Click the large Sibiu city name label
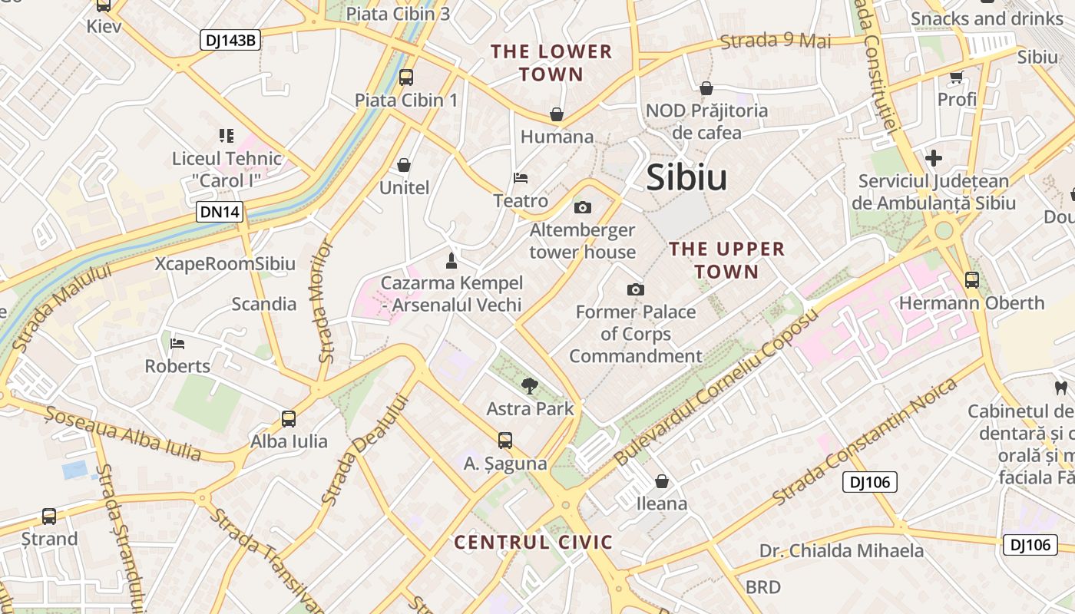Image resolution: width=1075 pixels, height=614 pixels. pyautogui.click(x=686, y=178)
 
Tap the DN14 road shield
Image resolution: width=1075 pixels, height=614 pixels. pyautogui.click(x=220, y=212)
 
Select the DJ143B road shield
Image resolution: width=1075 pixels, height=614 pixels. pyautogui.click(x=230, y=40)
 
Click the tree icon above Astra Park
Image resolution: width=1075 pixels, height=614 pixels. pyautogui.click(x=530, y=386)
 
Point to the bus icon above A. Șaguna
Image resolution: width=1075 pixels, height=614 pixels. pyautogui.click(x=504, y=441)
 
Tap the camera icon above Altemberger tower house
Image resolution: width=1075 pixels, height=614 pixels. pyautogui.click(x=583, y=207)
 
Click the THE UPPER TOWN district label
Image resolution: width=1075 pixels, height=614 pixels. pyautogui.click(x=716, y=260)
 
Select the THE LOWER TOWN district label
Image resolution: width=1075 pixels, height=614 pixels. pyautogui.click(x=551, y=63)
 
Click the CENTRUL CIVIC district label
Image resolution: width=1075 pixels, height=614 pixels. pyautogui.click(x=533, y=543)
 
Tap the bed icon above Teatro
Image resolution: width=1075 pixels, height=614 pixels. pyautogui.click(x=521, y=178)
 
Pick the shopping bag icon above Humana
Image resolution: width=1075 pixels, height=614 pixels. pyautogui.click(x=557, y=115)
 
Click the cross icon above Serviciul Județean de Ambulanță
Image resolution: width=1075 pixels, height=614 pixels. pyautogui.click(x=934, y=158)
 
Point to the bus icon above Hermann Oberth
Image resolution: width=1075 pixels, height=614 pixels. pyautogui.click(x=972, y=280)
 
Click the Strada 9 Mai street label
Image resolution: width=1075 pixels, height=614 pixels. pyautogui.click(x=776, y=40)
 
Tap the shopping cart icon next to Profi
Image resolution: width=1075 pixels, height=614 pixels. pyautogui.click(x=957, y=77)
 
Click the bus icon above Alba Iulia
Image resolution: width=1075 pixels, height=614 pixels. pyautogui.click(x=289, y=419)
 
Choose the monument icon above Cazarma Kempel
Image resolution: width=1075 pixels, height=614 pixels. pyautogui.click(x=451, y=261)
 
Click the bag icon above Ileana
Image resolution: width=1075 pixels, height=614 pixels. pyautogui.click(x=662, y=481)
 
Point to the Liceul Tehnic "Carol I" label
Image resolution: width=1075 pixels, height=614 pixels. pyautogui.click(x=227, y=170)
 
